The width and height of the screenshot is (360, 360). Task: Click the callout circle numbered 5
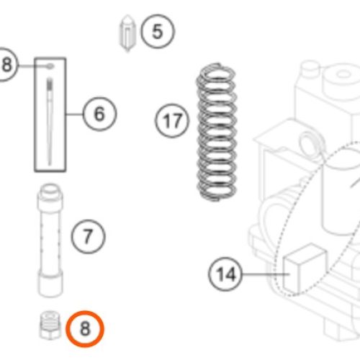(x=158, y=32)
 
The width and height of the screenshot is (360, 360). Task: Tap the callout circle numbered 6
(x=99, y=114)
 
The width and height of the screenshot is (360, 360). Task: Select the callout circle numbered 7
(x=88, y=236)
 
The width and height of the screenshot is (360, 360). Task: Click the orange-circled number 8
(x=85, y=329)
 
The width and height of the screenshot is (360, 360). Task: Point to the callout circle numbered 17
(x=172, y=120)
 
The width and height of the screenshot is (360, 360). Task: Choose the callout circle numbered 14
(x=225, y=274)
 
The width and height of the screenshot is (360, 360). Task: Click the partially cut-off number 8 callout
(x=6, y=64)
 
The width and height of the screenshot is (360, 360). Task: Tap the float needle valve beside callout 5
(x=128, y=33)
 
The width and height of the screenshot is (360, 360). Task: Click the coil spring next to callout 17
(x=217, y=132)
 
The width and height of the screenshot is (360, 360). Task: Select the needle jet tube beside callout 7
(x=50, y=240)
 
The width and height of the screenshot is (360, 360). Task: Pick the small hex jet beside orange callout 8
(x=50, y=325)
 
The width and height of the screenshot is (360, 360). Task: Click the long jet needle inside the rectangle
(x=50, y=121)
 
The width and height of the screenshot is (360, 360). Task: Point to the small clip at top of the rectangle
(x=50, y=66)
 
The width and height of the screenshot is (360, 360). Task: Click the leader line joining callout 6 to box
(x=74, y=114)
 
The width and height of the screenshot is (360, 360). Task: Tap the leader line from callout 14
(x=266, y=274)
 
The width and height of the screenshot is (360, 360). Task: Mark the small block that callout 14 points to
(x=305, y=269)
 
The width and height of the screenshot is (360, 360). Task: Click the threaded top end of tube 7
(x=50, y=190)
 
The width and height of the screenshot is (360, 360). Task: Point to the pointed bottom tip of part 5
(x=127, y=50)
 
